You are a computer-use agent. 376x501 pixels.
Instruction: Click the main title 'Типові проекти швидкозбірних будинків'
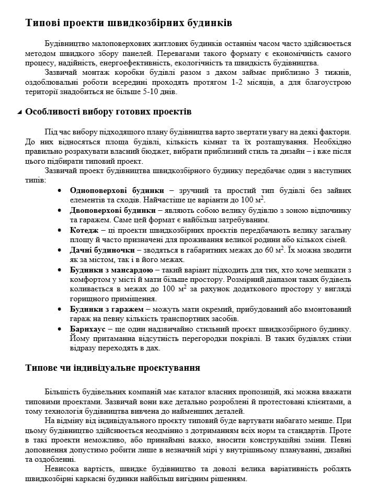(129, 24)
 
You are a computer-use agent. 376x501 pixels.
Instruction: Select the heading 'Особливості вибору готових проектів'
(108, 112)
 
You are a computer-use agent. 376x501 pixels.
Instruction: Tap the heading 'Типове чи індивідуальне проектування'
(112, 368)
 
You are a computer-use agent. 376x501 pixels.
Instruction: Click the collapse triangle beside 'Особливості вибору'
(20, 112)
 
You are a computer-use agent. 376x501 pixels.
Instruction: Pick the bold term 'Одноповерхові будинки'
(117, 190)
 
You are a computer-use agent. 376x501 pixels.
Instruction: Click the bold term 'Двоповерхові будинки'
(113, 210)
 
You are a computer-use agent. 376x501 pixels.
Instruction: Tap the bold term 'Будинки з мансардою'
(111, 270)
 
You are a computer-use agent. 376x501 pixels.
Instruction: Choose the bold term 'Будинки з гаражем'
(107, 310)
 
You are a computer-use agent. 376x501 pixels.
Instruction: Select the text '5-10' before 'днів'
(152, 92)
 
